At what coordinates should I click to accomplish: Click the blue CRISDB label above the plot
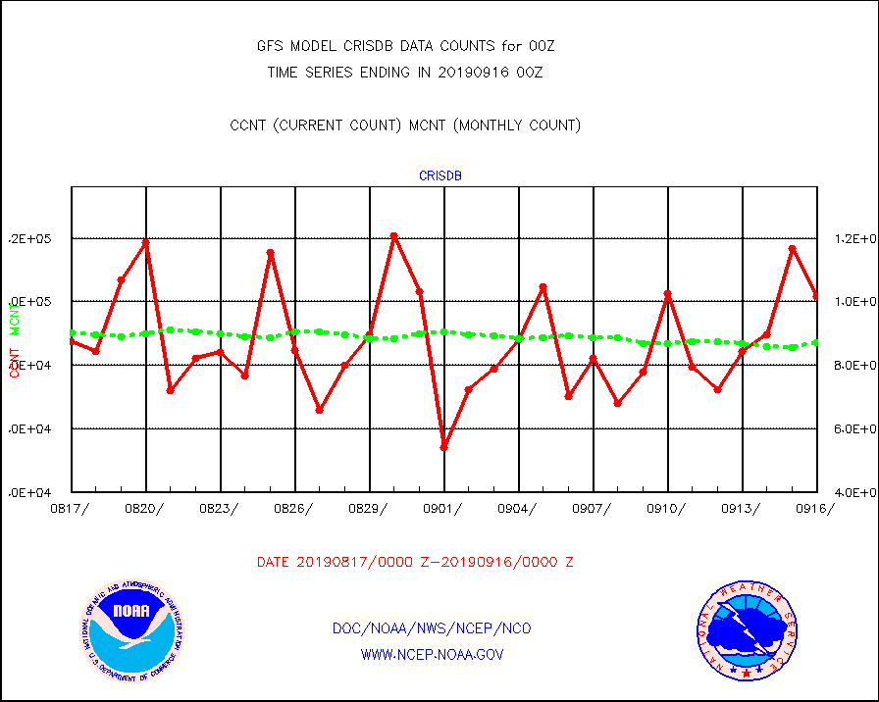[440, 176]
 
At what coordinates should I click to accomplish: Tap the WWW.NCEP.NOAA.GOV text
[433, 654]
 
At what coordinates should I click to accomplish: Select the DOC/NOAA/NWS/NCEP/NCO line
[433, 628]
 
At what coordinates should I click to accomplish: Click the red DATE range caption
[415, 562]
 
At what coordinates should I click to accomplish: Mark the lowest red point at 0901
[444, 447]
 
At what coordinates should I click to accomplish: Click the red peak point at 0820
[146, 242]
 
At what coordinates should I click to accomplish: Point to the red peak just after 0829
[394, 236]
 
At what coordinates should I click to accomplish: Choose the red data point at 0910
[668, 294]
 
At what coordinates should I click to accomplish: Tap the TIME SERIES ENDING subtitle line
[406, 72]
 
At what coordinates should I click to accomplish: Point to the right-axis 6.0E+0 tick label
[851, 429]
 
